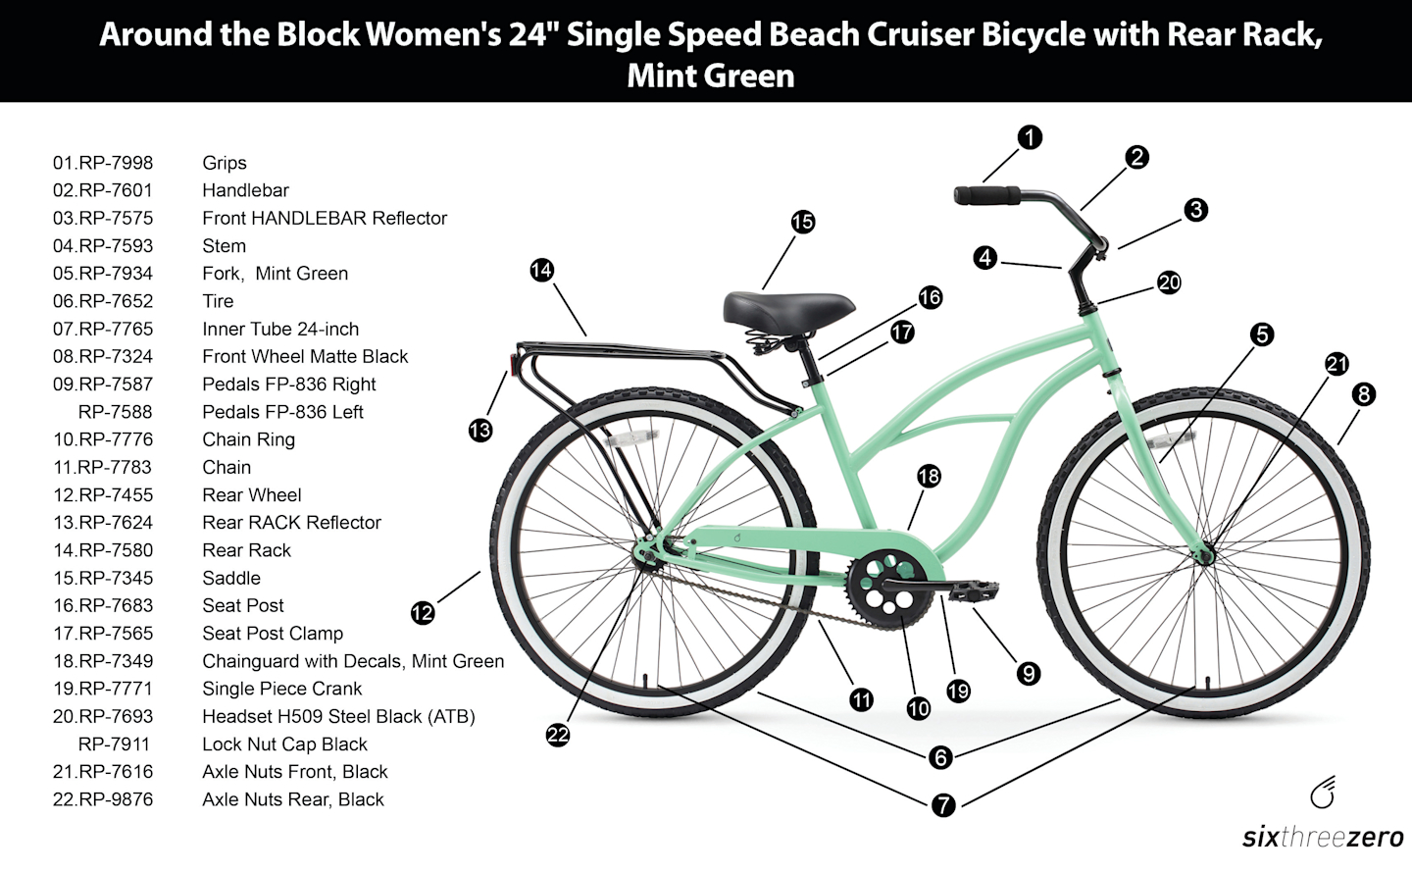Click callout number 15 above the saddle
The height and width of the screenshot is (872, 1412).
[802, 222]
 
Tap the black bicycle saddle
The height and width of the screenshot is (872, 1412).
[788, 309]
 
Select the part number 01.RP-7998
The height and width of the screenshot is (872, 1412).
[103, 163]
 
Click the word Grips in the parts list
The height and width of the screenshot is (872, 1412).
[225, 163]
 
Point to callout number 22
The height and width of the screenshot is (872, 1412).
[558, 735]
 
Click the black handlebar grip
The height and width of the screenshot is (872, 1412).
[986, 194]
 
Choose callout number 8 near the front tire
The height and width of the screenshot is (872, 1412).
[1363, 394]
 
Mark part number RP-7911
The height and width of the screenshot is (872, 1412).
[114, 744]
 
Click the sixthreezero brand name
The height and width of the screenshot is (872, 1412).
[1323, 838]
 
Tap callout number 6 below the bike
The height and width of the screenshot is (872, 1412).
[940, 756]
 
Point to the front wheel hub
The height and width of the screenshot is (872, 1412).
[1206, 556]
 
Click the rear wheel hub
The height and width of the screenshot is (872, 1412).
[647, 555]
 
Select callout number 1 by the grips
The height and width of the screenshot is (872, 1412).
[1030, 137]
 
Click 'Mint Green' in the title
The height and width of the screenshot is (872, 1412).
[711, 76]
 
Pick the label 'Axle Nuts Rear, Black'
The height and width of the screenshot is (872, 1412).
[293, 799]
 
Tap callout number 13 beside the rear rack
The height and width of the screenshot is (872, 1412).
[480, 430]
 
